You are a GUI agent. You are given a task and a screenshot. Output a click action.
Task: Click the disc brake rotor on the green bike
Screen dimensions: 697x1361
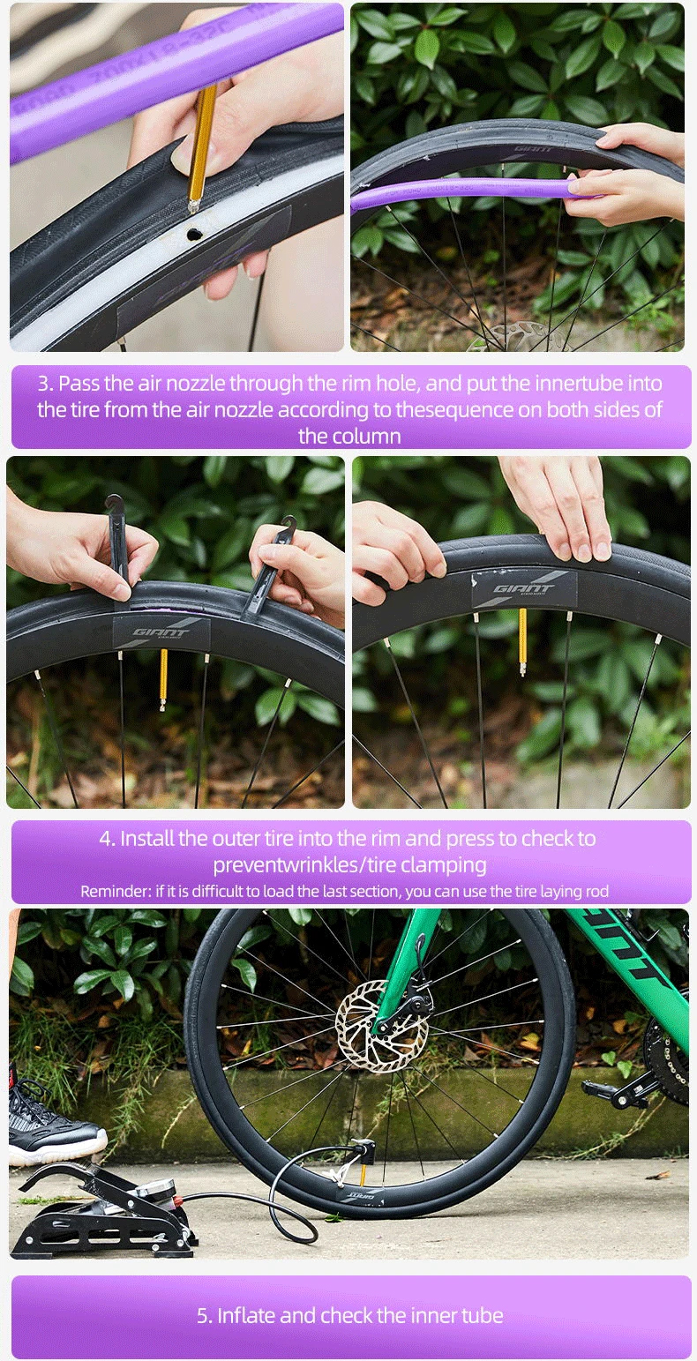point(382,1025)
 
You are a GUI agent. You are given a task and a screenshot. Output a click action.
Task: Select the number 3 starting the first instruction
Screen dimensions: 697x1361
point(44,384)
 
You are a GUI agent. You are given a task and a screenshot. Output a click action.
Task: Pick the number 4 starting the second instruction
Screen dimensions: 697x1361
point(107,839)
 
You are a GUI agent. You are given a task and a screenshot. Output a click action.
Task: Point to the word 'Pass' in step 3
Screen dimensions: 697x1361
point(79,384)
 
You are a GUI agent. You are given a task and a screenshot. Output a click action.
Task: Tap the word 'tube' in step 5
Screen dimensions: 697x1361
point(482,1315)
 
